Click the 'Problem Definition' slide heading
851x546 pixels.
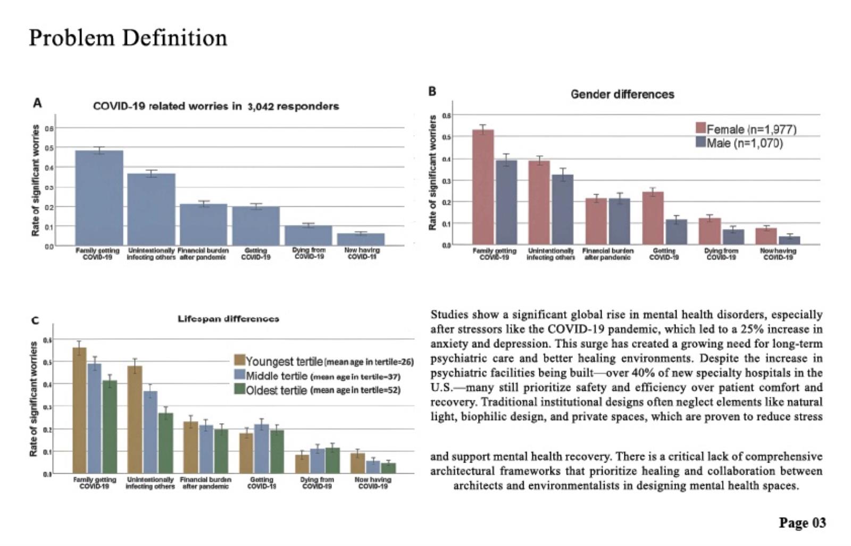[128, 38]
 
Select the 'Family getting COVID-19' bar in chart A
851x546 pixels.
[99, 198]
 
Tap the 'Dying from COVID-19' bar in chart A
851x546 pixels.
[308, 236]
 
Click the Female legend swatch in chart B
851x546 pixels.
[700, 128]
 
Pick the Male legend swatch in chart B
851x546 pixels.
[700, 142]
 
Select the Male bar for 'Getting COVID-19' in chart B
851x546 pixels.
[676, 232]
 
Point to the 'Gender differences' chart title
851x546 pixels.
[622, 95]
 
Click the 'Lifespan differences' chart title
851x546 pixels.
[228, 319]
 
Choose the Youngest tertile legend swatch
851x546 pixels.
[239, 360]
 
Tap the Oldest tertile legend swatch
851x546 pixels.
[239, 390]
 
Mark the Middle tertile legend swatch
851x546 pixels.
[239, 375]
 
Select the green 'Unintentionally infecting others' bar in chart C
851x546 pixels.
[165, 443]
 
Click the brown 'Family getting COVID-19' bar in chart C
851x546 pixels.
[79, 410]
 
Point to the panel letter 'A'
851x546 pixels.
[37, 103]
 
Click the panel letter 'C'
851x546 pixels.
[35, 321]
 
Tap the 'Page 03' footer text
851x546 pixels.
[802, 523]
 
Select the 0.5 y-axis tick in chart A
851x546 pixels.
[49, 148]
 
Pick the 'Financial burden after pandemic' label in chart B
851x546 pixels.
[607, 254]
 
